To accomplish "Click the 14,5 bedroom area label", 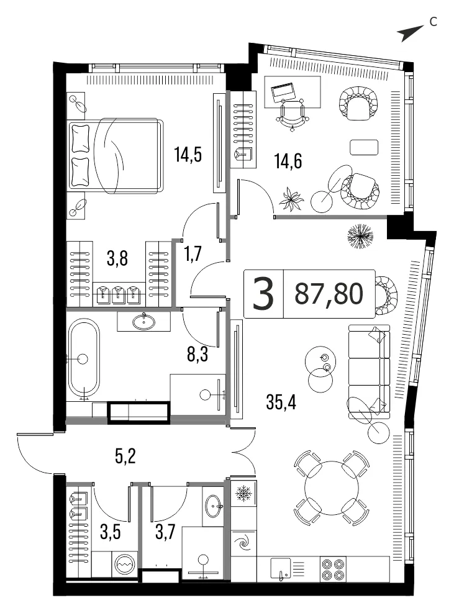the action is pos(188,155).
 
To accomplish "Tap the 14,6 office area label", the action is pos(288,161).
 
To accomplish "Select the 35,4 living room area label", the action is pos(281,401).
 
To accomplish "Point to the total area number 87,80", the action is pos(329,294).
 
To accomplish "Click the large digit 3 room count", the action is pos(263,294).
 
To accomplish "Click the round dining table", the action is pos(332,488).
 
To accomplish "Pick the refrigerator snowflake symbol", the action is pos(244,494).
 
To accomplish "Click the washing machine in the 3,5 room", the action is pos(125,565).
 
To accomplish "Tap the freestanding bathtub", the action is pos(84,359).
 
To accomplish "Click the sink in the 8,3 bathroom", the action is pos(143,321).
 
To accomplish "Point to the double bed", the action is pos(115,155).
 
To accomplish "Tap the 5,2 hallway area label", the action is pos(125,456).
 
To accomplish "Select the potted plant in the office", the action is pos(291,198).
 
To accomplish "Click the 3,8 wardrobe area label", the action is pos(117,258).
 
